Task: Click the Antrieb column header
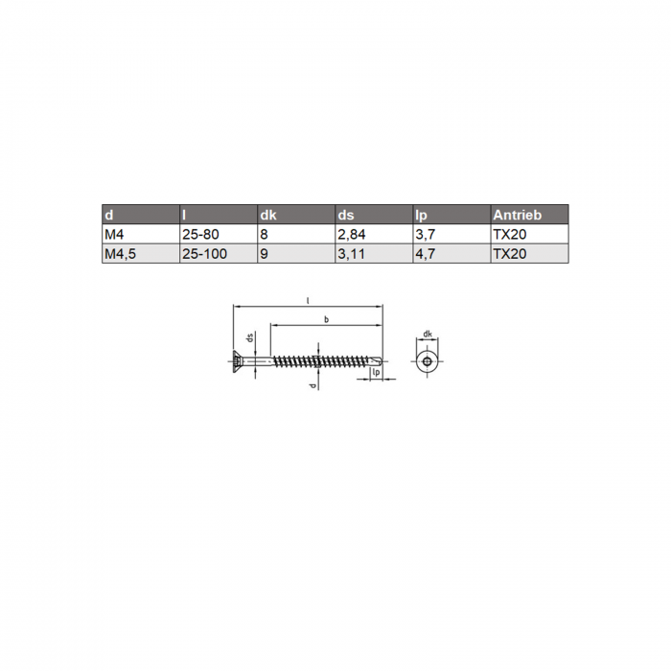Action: tap(517, 215)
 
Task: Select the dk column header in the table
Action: tap(268, 215)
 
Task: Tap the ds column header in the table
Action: tap(346, 215)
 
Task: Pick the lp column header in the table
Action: tap(421, 216)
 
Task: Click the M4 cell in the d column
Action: tap(114, 234)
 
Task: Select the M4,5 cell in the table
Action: tap(120, 254)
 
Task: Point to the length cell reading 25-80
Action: tap(200, 234)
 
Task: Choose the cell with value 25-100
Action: tap(204, 254)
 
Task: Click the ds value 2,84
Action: tap(352, 235)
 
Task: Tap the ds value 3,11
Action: tap(351, 254)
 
